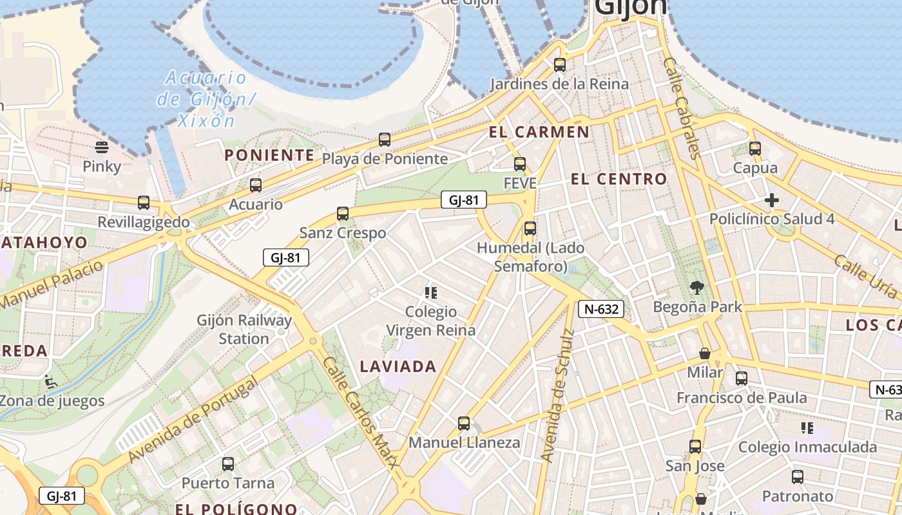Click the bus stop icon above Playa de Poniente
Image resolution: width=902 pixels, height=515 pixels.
(385, 139)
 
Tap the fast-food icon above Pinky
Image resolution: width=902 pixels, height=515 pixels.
(102, 147)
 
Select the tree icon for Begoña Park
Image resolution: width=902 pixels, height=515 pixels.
(696, 287)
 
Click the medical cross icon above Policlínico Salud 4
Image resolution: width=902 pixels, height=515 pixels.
(772, 200)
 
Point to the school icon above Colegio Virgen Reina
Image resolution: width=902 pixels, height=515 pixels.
(431, 293)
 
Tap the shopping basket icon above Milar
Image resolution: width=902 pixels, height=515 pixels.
(705, 353)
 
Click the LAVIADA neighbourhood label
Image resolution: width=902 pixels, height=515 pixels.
(398, 367)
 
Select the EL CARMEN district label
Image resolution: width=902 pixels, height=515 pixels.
(539, 133)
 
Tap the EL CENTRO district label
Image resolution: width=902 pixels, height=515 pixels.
(619, 180)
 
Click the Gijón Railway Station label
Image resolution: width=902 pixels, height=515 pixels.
(244, 329)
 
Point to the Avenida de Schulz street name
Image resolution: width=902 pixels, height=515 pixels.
(557, 396)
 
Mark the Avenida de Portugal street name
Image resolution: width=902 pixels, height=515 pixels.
(193, 420)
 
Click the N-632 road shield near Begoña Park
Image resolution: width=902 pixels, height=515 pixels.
(600, 309)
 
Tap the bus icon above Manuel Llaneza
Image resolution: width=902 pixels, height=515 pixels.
(464, 424)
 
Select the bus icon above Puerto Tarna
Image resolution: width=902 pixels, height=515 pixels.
(228, 464)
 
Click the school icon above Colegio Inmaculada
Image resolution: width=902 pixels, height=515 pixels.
(807, 428)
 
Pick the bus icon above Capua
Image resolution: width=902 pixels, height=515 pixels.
(755, 149)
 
